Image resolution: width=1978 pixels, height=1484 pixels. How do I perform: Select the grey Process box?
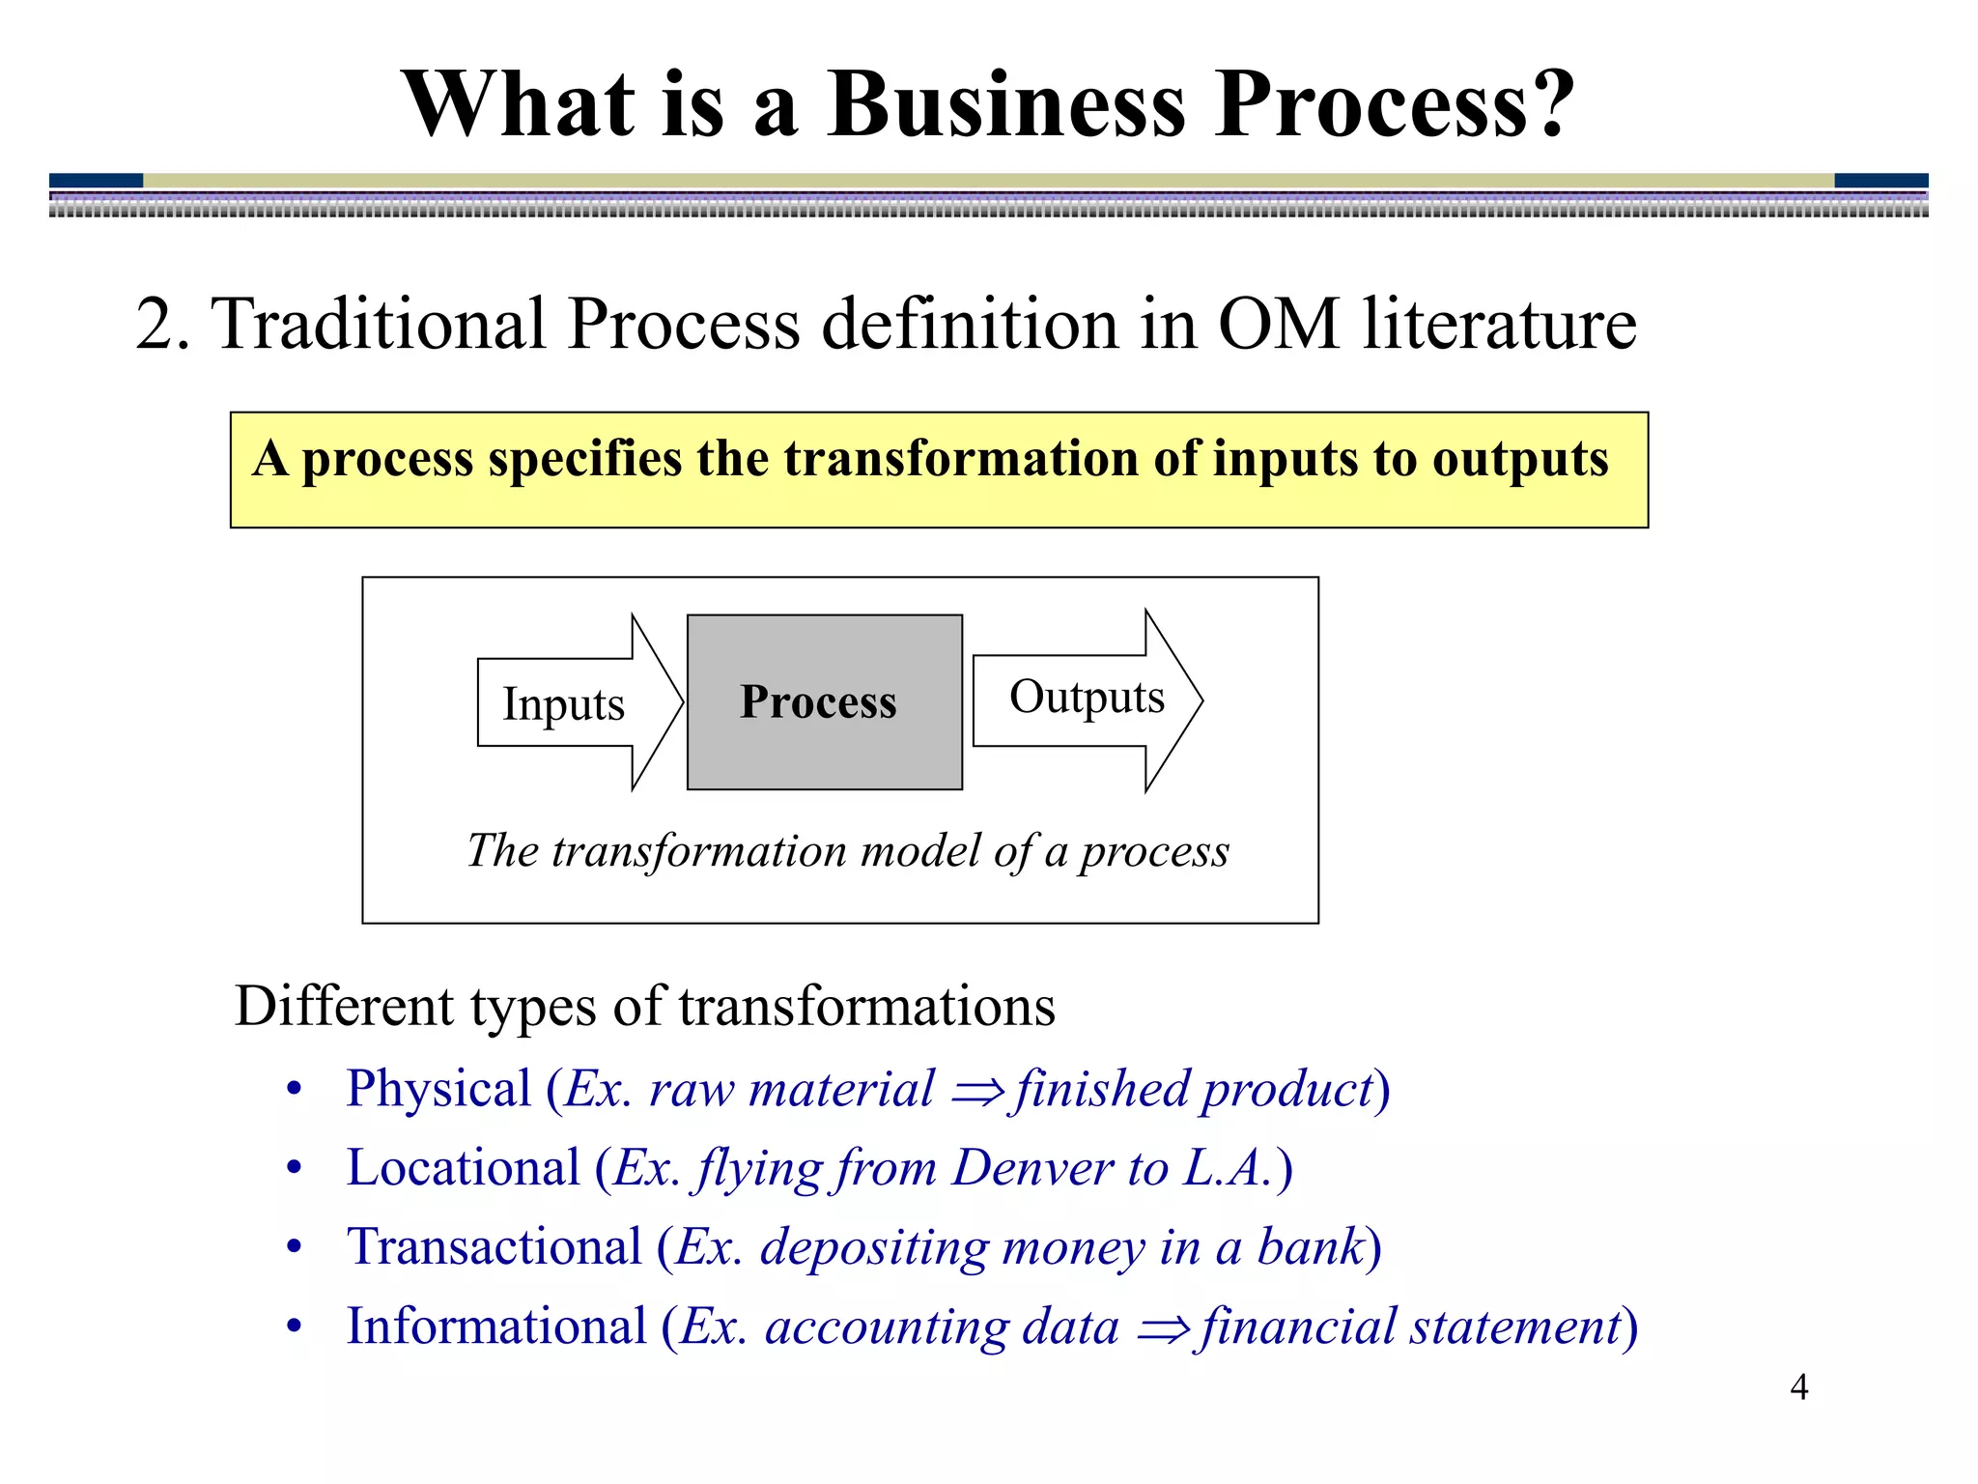(x=824, y=702)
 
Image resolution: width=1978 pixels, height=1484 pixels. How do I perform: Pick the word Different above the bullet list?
(x=345, y=1007)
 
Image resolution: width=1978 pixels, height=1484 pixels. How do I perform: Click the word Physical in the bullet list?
(x=438, y=1089)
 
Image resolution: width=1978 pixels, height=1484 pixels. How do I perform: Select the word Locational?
(x=464, y=1168)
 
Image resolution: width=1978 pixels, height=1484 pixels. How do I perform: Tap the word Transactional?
(x=494, y=1247)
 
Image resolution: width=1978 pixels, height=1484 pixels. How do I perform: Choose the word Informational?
(x=496, y=1327)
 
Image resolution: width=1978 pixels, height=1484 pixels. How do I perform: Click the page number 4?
(x=1798, y=1387)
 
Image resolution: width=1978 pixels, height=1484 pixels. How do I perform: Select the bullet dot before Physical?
(x=295, y=1090)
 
